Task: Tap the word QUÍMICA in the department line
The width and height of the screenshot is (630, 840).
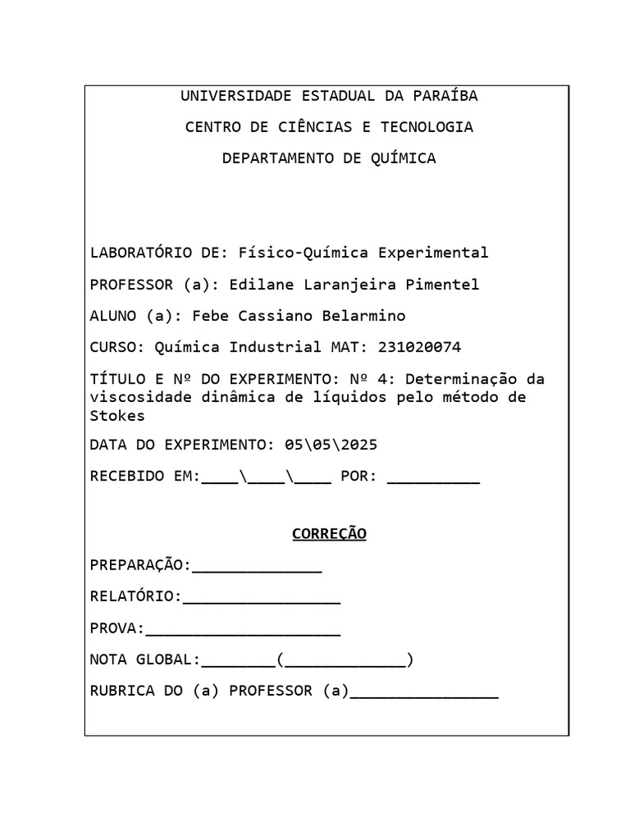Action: [x=404, y=158]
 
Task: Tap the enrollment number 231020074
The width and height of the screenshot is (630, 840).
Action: [x=420, y=347]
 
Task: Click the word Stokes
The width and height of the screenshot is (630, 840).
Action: [x=116, y=415]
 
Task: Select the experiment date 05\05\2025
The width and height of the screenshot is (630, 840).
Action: [x=331, y=445]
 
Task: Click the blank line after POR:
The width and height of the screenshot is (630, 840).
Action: [x=433, y=481]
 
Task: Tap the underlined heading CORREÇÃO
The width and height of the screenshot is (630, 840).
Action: [x=329, y=534]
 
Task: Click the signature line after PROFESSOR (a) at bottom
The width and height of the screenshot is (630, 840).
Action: [x=423, y=696]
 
